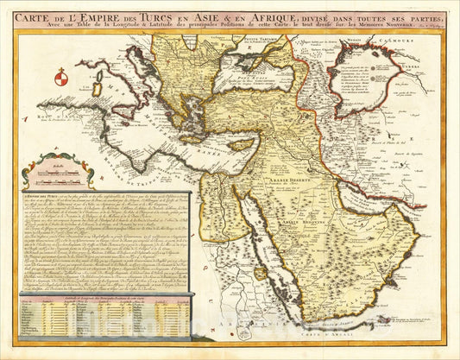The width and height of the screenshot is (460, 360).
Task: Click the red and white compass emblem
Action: (60, 79)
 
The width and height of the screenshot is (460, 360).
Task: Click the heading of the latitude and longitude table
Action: (104, 296)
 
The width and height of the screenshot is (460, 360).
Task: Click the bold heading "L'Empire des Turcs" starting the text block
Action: (39, 199)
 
